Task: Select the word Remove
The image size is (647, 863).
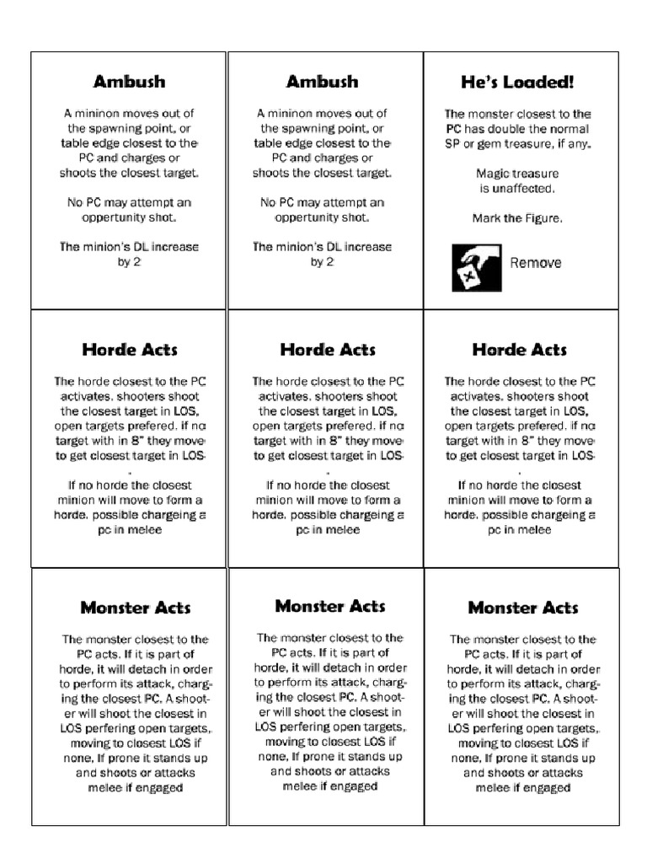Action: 535,263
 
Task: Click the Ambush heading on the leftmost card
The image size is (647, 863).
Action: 129,82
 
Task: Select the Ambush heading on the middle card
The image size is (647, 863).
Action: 322,82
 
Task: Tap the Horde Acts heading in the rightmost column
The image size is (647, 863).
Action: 519,350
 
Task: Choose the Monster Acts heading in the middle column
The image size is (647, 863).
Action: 329,606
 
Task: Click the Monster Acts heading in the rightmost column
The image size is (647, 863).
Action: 522,608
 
